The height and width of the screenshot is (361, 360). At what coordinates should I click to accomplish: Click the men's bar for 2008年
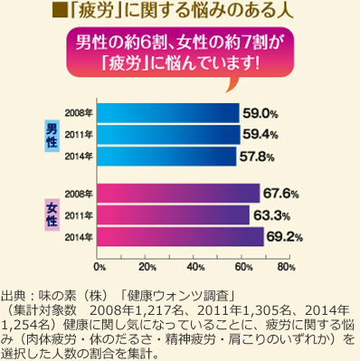(x=167, y=113)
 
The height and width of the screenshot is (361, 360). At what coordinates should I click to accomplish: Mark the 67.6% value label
(x=280, y=194)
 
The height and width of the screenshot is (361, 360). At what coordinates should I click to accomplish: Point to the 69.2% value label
(x=283, y=237)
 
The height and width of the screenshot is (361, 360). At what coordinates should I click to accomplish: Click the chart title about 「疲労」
(x=180, y=13)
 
